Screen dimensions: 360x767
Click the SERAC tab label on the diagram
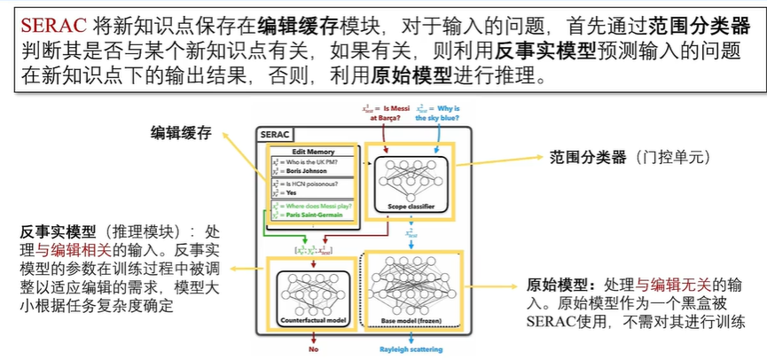click(276, 134)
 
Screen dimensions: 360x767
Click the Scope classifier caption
click(408, 207)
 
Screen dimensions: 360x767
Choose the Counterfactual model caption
click(312, 320)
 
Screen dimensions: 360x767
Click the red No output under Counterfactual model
click(313, 348)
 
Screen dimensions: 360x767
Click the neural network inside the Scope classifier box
click(408, 176)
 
